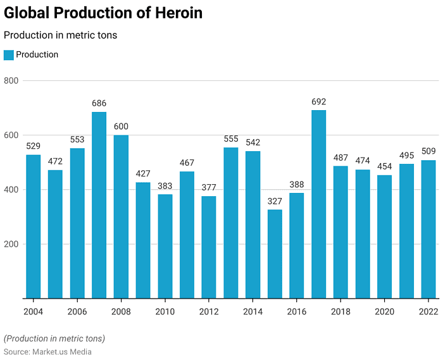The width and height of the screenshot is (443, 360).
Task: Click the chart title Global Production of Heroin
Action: pyautogui.click(x=103, y=13)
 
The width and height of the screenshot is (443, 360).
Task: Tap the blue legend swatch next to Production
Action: pyautogui.click(x=9, y=55)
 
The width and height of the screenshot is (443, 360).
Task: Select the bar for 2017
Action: pyautogui.click(x=319, y=204)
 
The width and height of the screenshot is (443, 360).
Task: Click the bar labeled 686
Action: pyautogui.click(x=99, y=205)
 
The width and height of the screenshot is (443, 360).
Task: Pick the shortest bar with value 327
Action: pyautogui.click(x=275, y=254)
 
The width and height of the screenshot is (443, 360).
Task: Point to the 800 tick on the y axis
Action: pyautogui.click(x=12, y=81)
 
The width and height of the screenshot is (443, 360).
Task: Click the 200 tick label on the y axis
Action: pyautogui.click(x=12, y=244)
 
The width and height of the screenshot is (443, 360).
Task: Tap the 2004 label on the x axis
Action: pyautogui.click(x=33, y=311)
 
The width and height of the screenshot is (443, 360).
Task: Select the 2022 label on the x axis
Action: pyautogui.click(x=428, y=311)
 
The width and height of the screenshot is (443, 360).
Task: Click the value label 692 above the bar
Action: pyautogui.click(x=319, y=102)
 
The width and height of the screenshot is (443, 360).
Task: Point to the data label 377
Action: pyautogui.click(x=209, y=188)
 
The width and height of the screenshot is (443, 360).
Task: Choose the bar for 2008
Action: pyautogui.click(x=121, y=216)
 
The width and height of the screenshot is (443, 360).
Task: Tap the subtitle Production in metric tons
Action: pyautogui.click(x=60, y=35)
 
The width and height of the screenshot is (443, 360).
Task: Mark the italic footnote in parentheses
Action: pyautogui.click(x=54, y=338)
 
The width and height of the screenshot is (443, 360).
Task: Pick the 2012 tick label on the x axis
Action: pyautogui.click(x=209, y=311)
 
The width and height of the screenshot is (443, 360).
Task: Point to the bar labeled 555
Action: pyautogui.click(x=231, y=223)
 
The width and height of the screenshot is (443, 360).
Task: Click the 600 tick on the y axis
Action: pyautogui.click(x=12, y=135)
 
